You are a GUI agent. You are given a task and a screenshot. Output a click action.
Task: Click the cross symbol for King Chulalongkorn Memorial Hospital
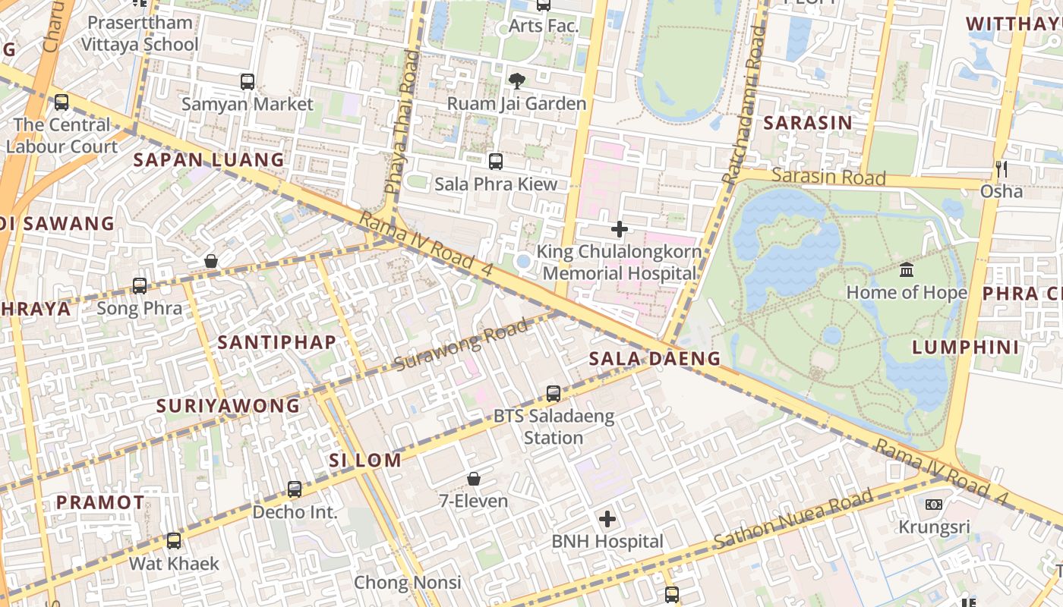coord(620,228)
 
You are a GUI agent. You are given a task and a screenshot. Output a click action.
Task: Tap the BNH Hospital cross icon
coord(607,519)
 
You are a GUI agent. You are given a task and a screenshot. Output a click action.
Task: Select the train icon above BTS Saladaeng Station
coord(554,394)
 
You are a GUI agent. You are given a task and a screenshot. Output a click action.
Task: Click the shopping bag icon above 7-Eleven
coord(474,479)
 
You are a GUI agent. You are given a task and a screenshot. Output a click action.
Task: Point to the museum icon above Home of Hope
coord(907,269)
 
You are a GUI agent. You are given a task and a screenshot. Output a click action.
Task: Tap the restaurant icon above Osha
coord(1001,168)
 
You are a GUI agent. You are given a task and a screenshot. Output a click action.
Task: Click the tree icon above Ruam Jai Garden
coord(516,80)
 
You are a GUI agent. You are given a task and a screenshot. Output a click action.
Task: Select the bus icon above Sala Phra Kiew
coord(496,161)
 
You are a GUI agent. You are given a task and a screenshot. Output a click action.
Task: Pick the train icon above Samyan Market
coord(248,81)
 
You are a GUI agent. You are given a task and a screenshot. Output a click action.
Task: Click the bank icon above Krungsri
coord(934,505)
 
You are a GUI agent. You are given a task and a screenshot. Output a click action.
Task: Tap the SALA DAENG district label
coord(655,359)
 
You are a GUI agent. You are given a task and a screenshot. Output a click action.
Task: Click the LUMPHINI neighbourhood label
coord(965,348)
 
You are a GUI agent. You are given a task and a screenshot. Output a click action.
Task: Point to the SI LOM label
coord(364,460)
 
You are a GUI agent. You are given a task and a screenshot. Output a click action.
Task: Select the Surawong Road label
coord(461,345)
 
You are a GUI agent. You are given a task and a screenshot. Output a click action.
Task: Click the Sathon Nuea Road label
coord(793,521)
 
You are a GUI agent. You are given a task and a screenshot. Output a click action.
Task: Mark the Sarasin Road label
coord(828,177)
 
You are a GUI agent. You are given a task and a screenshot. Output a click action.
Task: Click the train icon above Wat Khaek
coord(174,541)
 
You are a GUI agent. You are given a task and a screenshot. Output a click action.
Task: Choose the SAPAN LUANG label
coord(209,160)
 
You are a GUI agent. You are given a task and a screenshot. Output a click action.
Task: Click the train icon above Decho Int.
coord(295,489)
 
